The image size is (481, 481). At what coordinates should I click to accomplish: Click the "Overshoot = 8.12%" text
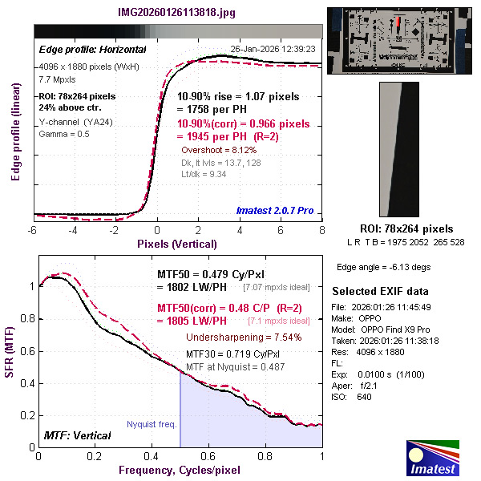pyautogui.click(x=218, y=150)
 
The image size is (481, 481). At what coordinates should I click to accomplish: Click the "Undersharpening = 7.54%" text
pyautogui.click(x=244, y=337)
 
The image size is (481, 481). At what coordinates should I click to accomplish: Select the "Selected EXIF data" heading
pyautogui.click(x=380, y=290)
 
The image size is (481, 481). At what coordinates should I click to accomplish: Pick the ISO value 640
pyautogui.click(x=364, y=397)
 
